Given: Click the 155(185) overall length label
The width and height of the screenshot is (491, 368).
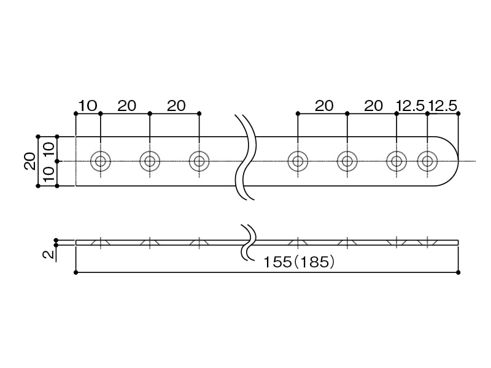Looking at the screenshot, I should coord(299,263).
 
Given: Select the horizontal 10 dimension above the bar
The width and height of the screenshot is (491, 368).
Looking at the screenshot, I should coord(88,105).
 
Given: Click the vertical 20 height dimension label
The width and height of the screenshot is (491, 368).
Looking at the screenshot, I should coord(29,161).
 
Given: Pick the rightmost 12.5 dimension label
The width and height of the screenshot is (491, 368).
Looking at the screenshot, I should coord(443,105).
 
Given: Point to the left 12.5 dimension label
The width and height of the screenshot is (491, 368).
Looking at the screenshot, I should coord(411,105).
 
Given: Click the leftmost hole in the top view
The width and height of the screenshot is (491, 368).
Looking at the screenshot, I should coord(100,161).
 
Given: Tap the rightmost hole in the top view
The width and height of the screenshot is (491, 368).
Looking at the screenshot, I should coord(427,161).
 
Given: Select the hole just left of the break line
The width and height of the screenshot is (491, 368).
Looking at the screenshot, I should coord(199,161).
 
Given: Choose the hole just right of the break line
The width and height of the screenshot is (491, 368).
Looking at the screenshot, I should coord(298,161).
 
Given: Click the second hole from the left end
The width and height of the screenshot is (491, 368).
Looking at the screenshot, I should coord(150,161).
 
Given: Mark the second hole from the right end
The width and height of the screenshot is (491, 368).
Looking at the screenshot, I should coord(396,161).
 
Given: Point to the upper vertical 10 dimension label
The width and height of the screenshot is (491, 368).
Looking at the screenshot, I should coord(48,149).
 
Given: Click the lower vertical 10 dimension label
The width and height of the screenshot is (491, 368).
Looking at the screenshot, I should coord(48,174).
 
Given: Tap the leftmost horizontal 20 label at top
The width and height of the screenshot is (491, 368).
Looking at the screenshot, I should coord(126,105).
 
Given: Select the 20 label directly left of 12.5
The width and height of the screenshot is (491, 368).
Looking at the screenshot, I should coord(373,105).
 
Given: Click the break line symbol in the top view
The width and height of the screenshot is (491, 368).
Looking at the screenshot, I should coord(245,158).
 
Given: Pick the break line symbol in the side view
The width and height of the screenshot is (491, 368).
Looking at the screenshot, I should coord(247,242).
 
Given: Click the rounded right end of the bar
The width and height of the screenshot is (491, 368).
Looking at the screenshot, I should coord(452,161).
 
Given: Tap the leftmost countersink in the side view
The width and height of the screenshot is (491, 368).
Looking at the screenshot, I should coord(100,243).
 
